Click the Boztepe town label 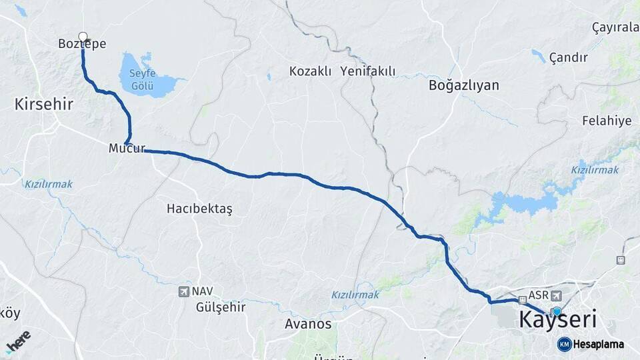tap(82, 43)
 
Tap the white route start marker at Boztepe tap(83, 37)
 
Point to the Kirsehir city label tap(44, 104)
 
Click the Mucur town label tap(127, 149)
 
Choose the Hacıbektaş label tap(199, 209)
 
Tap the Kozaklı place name tap(310, 71)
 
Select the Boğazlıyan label tap(464, 85)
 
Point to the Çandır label tap(569, 57)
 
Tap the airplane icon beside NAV tap(183, 291)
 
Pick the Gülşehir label tap(221, 307)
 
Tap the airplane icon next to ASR tap(556, 295)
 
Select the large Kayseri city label tap(557, 319)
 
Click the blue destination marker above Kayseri tap(557, 311)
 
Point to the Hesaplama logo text tap(599, 344)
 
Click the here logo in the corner tap(18, 340)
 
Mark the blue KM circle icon tap(564, 344)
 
